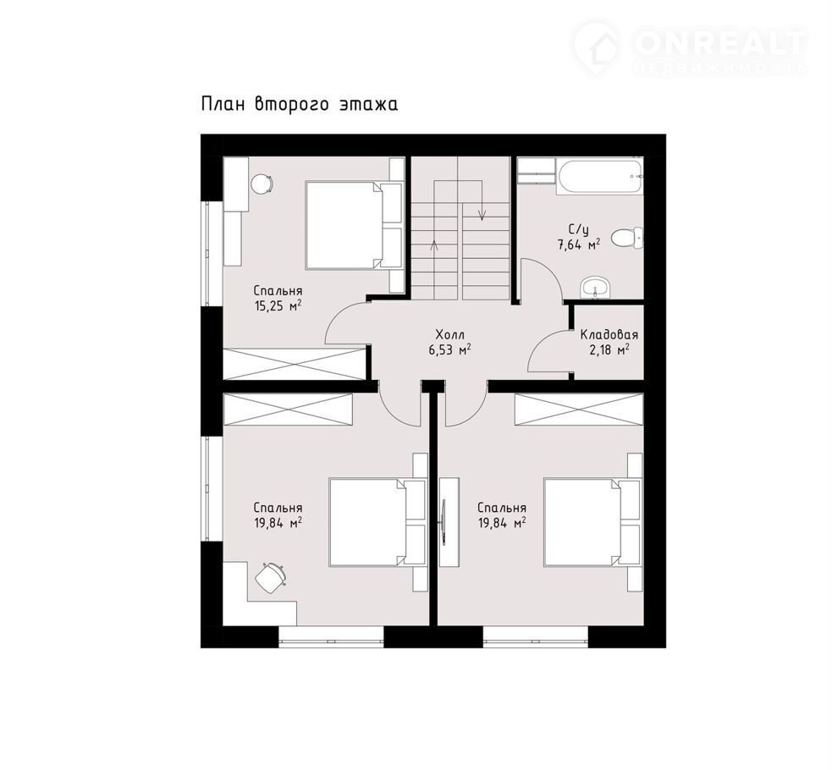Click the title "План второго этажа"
pyautogui.click(x=300, y=104)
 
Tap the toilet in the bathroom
pyautogui.click(x=626, y=238)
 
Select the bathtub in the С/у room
pyautogui.click(x=599, y=176)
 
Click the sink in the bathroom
pyautogui.click(x=595, y=289)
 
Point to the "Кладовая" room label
pyautogui.click(x=609, y=335)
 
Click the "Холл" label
pyautogui.click(x=449, y=335)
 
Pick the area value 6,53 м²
pyautogui.click(x=449, y=350)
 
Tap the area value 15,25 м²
pyautogui.click(x=278, y=305)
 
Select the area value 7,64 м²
pyautogui.click(x=578, y=245)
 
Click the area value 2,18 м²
pyautogui.click(x=609, y=350)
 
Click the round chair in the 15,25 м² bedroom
pyautogui.click(x=262, y=184)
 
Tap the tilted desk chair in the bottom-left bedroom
pyautogui.click(x=271, y=577)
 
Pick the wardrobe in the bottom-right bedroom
pyautogui.click(x=579, y=410)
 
